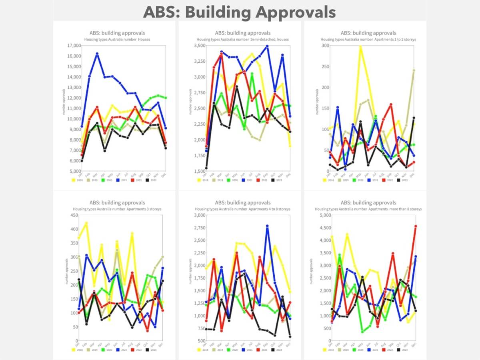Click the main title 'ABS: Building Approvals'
click(239, 12)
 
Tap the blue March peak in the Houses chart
click(97, 54)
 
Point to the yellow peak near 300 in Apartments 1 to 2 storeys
click(360, 47)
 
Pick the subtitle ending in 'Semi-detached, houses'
click(242, 40)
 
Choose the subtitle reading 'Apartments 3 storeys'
click(117, 209)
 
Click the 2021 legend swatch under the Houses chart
click(116, 180)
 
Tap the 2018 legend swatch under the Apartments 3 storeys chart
click(74, 350)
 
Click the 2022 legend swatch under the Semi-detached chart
click(259, 180)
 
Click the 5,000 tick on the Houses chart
click(72, 171)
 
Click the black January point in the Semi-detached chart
click(206, 168)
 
